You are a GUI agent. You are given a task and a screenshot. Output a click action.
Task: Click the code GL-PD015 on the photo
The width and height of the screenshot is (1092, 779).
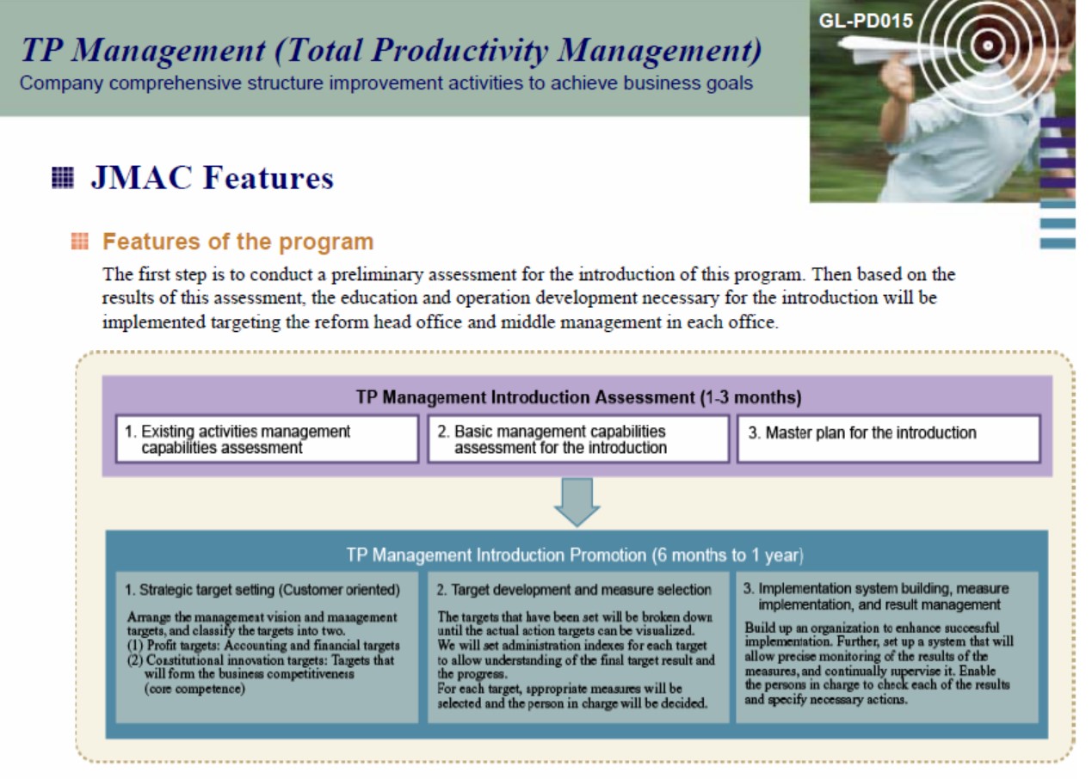[x=866, y=21]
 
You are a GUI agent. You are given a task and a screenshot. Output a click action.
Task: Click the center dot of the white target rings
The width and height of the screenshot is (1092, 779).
[x=988, y=46]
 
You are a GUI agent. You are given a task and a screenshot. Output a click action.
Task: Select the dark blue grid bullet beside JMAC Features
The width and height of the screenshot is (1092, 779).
[x=63, y=177]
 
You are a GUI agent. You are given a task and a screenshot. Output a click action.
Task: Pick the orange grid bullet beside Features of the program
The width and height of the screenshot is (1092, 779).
[x=80, y=241]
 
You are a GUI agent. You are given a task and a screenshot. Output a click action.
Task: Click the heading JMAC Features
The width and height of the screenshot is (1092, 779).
[x=212, y=177]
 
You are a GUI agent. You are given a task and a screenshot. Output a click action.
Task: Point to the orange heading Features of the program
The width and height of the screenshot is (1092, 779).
[x=238, y=242]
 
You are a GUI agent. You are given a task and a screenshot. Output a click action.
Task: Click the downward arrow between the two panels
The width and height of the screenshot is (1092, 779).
[x=577, y=502]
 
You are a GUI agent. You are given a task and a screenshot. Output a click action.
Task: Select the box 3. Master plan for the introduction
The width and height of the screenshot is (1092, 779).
[x=889, y=439]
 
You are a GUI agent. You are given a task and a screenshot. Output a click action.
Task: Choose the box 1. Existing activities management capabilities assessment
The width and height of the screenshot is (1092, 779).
[x=267, y=439]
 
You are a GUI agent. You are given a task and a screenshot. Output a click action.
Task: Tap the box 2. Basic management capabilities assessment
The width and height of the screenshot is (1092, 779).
[x=578, y=439]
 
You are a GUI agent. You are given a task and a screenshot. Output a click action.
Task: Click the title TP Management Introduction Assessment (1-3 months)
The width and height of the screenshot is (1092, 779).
[x=578, y=397]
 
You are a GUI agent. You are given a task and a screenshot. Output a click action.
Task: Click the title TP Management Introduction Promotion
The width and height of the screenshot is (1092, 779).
[x=575, y=555]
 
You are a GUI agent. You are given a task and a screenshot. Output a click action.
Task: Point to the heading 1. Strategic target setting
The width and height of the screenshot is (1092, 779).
[x=262, y=590]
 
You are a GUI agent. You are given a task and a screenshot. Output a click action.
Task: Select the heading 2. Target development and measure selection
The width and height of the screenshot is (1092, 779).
[x=574, y=590]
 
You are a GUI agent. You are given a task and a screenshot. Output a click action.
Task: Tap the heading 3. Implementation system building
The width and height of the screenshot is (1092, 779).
[x=876, y=597]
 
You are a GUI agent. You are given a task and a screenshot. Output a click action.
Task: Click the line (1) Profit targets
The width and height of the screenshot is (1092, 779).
[x=263, y=646]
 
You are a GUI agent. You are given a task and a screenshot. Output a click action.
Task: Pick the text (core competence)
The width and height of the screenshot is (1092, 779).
[x=194, y=689]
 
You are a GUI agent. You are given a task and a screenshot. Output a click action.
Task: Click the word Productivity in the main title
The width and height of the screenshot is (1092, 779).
[x=460, y=50]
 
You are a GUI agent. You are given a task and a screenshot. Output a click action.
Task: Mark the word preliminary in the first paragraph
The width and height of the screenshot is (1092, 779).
[x=377, y=275]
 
